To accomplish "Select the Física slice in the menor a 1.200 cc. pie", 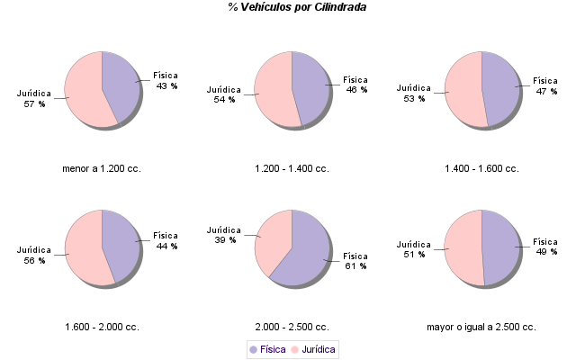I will [x=121, y=83].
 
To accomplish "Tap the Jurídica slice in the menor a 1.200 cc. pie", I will [x=83, y=92].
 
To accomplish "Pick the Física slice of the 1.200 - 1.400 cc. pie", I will [x=311, y=88].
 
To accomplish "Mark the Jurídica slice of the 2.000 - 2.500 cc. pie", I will [x=274, y=238].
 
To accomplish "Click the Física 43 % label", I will [x=166, y=80].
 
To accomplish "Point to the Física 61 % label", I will [x=355, y=261].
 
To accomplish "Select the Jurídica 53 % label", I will [x=414, y=93].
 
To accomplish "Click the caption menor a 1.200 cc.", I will [x=102, y=168].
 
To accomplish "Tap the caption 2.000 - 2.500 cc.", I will [x=292, y=326].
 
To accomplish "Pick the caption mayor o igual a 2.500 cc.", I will [x=481, y=326].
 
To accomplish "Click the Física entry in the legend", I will [x=268, y=348].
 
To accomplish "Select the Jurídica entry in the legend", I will [x=312, y=348].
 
